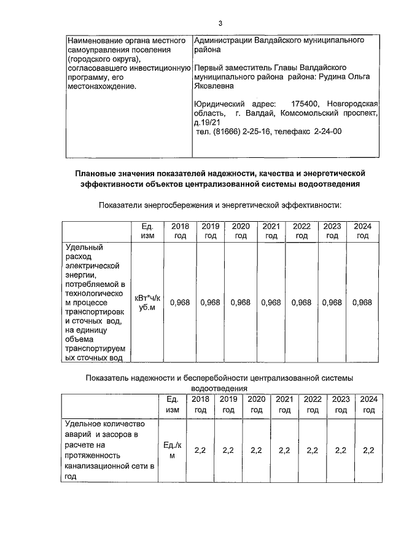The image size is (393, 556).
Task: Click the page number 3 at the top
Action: (219, 23)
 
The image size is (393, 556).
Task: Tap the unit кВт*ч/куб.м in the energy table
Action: (147, 302)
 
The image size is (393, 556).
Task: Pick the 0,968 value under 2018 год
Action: (180, 302)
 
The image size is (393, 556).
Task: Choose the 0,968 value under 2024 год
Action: (362, 302)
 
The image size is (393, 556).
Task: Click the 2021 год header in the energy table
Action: (271, 230)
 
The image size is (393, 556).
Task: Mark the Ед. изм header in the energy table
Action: (147, 230)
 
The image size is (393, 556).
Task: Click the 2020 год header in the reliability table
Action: (256, 404)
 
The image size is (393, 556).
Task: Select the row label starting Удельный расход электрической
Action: (95, 302)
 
